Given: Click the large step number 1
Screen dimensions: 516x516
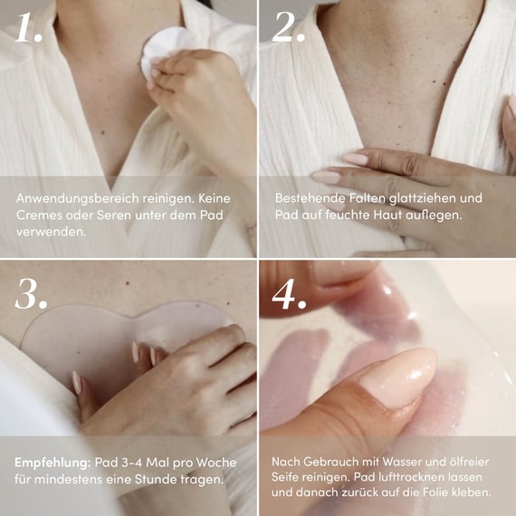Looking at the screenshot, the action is tap(28, 28).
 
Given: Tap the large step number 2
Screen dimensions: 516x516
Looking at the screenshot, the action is tap(288, 28).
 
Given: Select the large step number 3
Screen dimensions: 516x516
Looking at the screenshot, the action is tap(31, 293).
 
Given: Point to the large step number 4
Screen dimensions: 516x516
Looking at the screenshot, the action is tap(289, 293).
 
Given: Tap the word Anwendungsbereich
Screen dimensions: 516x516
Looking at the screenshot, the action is tap(77, 198).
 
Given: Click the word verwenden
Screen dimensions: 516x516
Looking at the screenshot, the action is tap(51, 232).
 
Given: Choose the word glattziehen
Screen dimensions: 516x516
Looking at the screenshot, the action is tap(423, 198).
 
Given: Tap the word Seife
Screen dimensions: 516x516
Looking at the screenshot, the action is tap(285, 477).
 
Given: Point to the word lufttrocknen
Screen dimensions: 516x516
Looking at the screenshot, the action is tap(411, 477).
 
